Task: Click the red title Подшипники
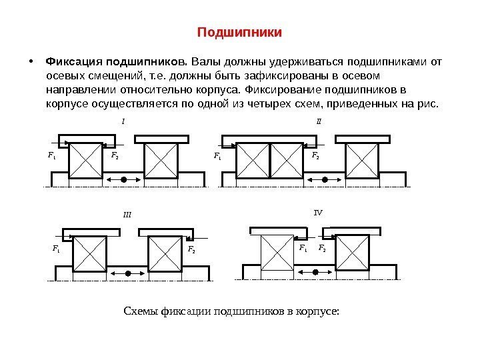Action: point(240,32)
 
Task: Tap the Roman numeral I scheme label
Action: point(123,121)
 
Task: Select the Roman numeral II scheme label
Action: point(318,122)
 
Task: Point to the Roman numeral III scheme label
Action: point(127,215)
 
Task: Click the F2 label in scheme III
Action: point(191,250)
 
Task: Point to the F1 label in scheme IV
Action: point(303,248)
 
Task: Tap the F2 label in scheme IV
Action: point(323,248)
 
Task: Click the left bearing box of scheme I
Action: point(86,161)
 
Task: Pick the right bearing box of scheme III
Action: point(163,253)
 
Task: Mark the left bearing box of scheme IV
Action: point(275,253)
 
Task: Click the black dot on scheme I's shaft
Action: point(124,180)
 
